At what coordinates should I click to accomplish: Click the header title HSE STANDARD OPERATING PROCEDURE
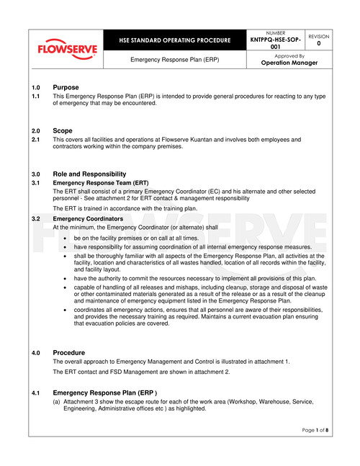176,40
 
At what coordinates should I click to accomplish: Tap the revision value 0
318,43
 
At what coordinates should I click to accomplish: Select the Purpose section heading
66,87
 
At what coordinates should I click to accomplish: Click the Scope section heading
63,130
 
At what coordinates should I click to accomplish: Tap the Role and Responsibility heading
89,174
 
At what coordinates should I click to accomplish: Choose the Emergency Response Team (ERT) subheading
101,184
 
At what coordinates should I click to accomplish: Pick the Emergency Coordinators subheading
89,218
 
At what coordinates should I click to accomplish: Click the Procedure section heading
69,352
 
